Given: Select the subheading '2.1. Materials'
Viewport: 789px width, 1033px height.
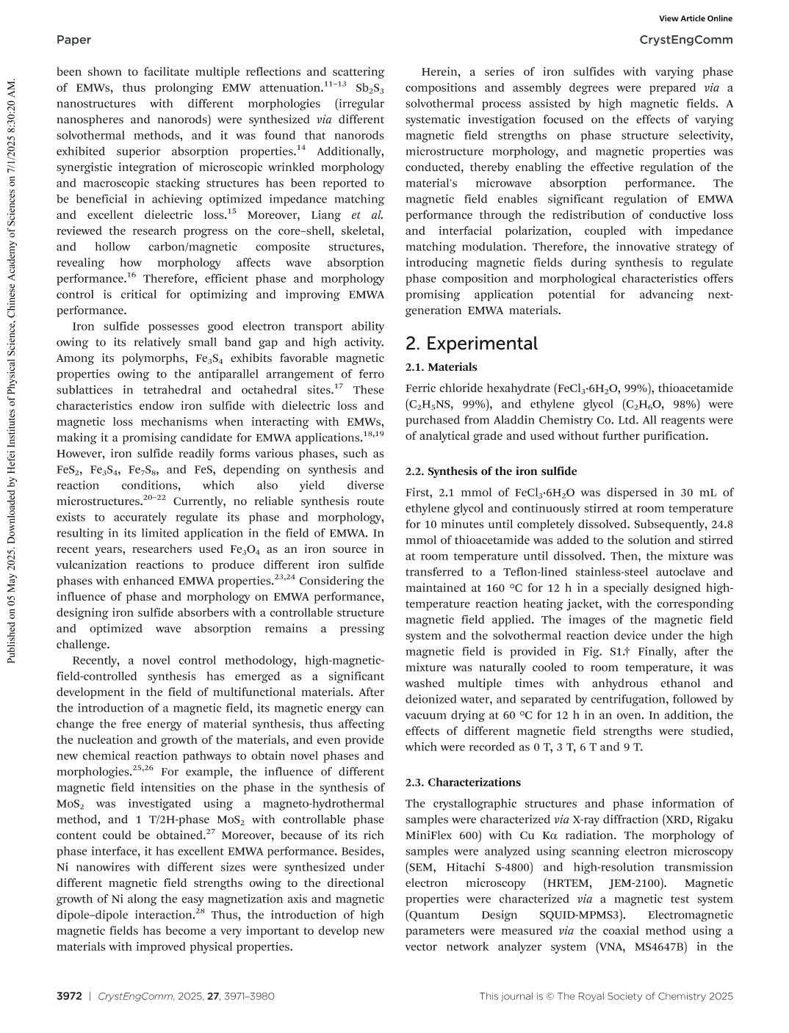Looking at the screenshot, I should (x=441, y=367).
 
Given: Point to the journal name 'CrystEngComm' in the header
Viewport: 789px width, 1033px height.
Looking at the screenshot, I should (x=686, y=40).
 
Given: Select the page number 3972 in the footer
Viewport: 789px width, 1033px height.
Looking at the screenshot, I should (x=69, y=996).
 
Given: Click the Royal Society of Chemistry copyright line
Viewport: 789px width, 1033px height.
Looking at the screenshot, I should (x=606, y=996).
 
